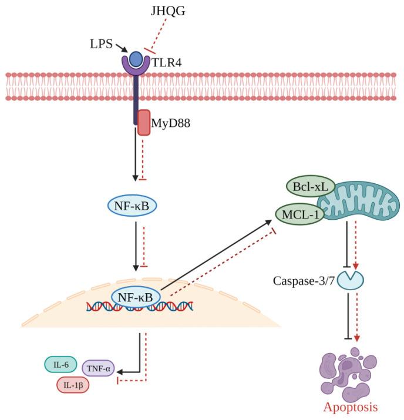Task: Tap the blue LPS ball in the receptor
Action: pos(136,59)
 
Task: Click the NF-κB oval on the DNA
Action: pos(136,297)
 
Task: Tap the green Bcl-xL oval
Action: pos(311,189)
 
